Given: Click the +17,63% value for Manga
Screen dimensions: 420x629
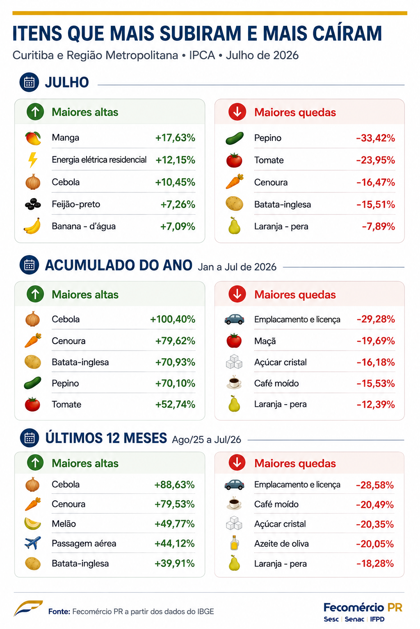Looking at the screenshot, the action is [175, 138].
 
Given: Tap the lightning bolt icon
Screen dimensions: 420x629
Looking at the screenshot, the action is [33, 160].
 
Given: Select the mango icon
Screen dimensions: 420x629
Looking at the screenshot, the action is [33, 138].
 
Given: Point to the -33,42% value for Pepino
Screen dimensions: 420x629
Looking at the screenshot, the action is [376, 138].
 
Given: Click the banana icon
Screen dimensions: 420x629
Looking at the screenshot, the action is [32, 226].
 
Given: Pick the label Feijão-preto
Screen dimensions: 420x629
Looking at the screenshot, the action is [76, 204].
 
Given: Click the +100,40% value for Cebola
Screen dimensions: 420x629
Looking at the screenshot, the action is [173, 319].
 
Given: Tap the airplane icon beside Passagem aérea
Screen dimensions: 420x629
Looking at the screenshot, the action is [33, 543].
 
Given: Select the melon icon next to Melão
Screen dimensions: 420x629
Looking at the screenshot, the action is [33, 524].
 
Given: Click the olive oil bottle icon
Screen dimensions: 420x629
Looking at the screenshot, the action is [234, 543].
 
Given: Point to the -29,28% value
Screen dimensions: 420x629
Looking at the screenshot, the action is [376, 319].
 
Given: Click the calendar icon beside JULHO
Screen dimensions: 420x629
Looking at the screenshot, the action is [29, 82].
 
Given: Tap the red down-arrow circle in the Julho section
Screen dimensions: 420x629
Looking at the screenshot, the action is [237, 112].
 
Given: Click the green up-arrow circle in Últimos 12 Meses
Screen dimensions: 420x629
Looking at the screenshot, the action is [35, 463].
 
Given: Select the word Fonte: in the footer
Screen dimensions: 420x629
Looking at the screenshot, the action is [59, 611].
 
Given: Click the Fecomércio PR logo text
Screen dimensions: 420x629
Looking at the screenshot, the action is [363, 607].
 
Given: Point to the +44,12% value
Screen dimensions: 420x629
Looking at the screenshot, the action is [175, 544].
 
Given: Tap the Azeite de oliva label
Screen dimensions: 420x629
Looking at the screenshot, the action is [282, 544].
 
